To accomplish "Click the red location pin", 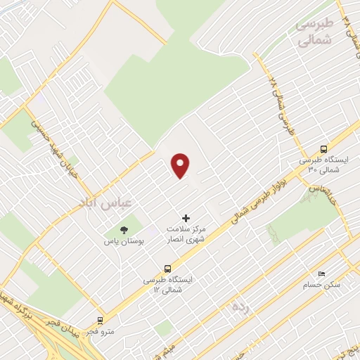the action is [181, 166].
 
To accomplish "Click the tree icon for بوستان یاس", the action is [124, 230].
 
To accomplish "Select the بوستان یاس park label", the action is [124, 241].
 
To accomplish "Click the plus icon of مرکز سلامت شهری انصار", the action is [186, 219].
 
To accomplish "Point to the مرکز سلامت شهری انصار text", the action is [186, 235].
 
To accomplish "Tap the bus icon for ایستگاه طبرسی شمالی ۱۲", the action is [167, 268].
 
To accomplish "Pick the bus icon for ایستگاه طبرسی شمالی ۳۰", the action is [323, 149].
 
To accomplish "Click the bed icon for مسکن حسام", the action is [321, 274].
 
